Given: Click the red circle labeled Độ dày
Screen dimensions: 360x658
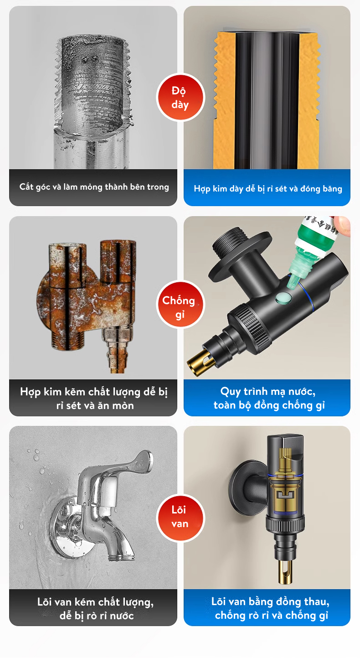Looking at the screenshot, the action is (180, 97).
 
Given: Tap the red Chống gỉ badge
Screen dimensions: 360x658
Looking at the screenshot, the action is (180, 304).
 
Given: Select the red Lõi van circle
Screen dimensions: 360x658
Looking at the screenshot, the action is (180, 518).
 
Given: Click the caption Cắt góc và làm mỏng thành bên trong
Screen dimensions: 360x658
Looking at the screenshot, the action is (94, 187).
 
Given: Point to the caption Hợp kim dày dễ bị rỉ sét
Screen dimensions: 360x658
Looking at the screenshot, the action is (268, 189).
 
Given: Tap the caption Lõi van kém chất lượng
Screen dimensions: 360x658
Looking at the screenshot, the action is (96, 608).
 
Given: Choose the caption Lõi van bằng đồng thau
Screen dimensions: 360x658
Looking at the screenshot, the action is (271, 608).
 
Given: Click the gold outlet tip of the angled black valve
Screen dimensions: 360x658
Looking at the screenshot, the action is (200, 360).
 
